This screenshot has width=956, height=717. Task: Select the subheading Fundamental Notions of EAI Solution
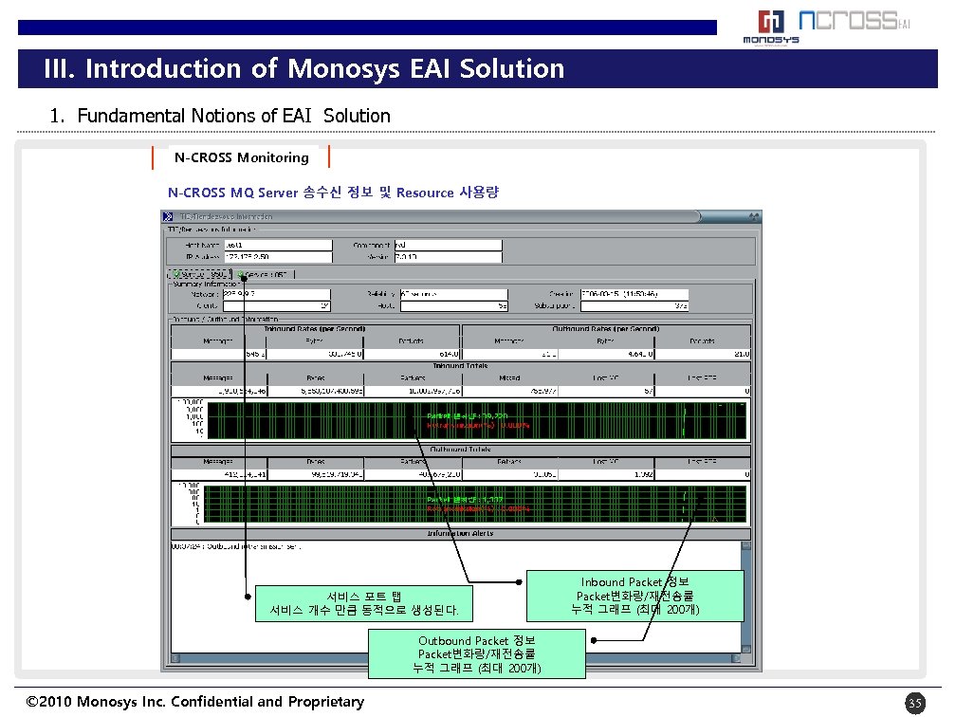[x=220, y=116]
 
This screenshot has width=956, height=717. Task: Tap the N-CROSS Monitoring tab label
[x=242, y=157]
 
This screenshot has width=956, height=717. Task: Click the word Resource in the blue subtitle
[x=425, y=193]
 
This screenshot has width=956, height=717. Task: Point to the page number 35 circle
[x=914, y=703]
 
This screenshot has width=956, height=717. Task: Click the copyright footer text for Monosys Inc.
[x=195, y=702]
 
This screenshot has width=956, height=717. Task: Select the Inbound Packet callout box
[x=635, y=596]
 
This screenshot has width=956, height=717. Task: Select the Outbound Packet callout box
[x=477, y=654]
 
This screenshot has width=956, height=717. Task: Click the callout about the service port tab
[x=364, y=603]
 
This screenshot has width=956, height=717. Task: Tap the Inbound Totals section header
[x=460, y=365]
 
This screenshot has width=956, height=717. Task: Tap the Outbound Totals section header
[x=460, y=450]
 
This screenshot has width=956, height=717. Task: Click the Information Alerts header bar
[x=460, y=534]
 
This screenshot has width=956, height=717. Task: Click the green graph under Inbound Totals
[x=474, y=420]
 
